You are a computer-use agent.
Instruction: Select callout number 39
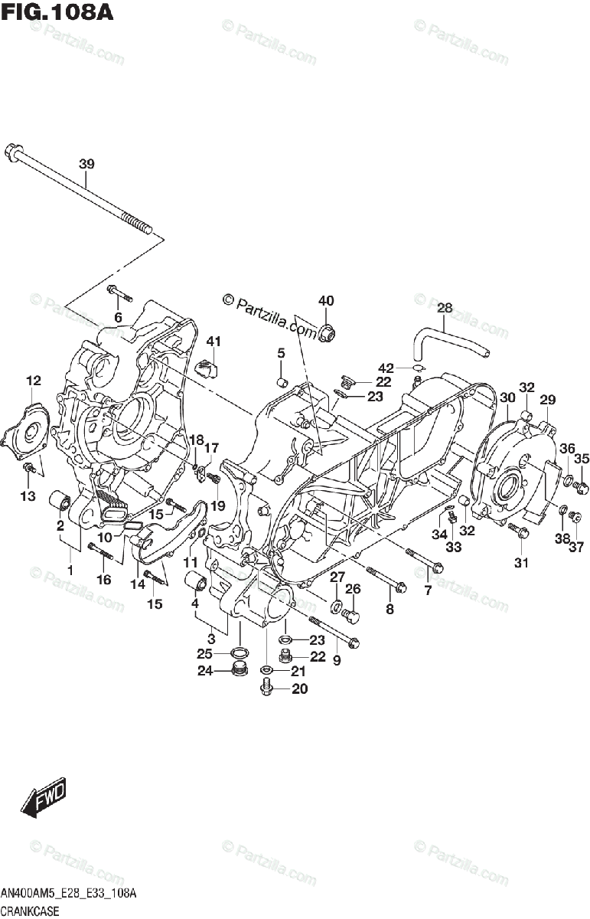point(86,164)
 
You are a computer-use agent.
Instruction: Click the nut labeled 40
point(328,332)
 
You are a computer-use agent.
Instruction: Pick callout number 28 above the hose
point(445,309)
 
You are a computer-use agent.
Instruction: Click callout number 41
point(213,342)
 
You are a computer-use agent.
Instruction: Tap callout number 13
point(28,496)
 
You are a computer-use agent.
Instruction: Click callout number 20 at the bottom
point(299,688)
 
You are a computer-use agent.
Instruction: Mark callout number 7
point(428,590)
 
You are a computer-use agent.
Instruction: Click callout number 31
point(521,564)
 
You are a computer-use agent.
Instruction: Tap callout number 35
point(582,459)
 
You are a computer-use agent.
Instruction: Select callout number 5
point(281,353)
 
